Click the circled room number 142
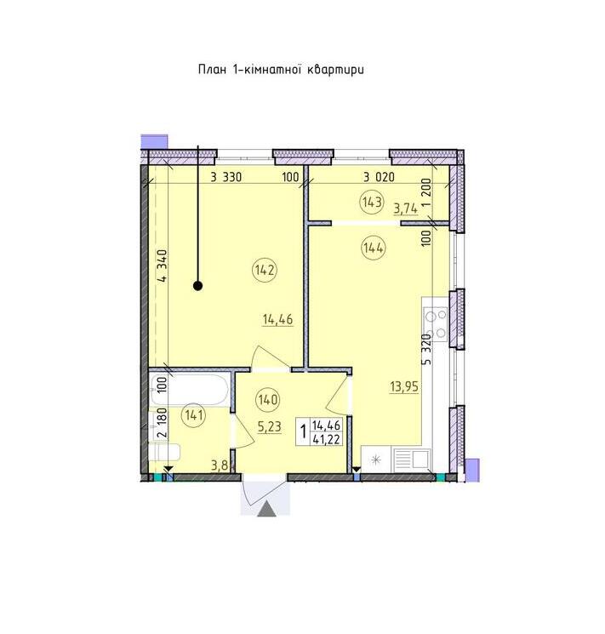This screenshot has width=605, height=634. tap(265, 270)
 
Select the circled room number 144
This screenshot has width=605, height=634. tap(374, 248)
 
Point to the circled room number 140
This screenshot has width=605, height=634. tap(268, 400)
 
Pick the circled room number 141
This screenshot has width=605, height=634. tap(194, 415)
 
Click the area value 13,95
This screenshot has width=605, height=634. tap(404, 387)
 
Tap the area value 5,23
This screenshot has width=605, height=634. tap(269, 426)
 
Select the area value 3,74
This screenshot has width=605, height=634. tap(406, 208)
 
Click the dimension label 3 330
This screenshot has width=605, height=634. tap(226, 177)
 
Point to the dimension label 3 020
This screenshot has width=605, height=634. tap(379, 177)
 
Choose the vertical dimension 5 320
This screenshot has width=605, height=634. tap(427, 350)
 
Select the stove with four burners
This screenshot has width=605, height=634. tap(436, 323)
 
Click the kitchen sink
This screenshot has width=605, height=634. tap(411, 459)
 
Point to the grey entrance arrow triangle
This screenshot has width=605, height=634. tap(267, 509)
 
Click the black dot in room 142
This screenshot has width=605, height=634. tap(197, 286)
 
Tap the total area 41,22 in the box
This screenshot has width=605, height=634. tap(326, 439)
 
